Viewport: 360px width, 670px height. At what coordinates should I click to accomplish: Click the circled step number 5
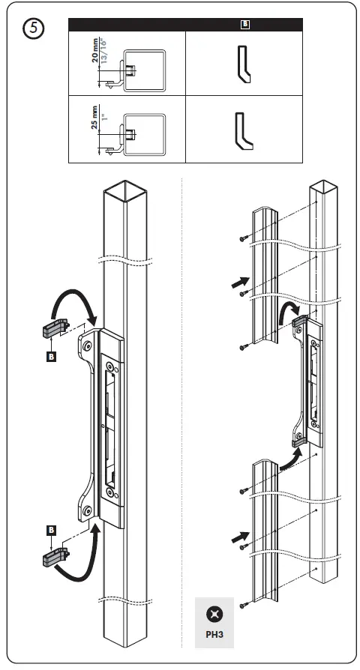click(36, 29)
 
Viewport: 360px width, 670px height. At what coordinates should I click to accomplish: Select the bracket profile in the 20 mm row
click(244, 64)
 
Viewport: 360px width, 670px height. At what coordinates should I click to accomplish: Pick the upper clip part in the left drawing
click(53, 328)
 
